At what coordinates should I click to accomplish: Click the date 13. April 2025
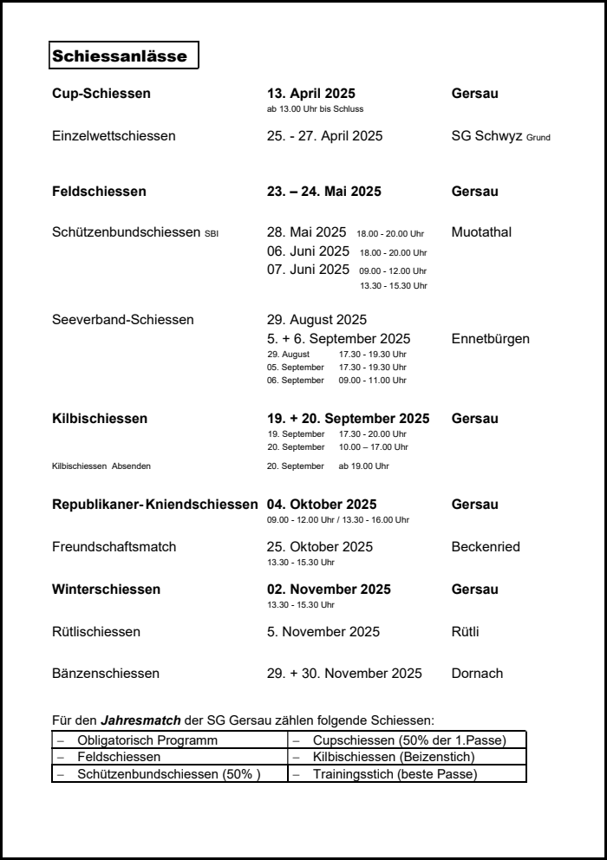point(310,94)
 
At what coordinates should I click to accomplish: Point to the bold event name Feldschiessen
point(99,192)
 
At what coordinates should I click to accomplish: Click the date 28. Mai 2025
point(306,232)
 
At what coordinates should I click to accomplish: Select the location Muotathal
point(481,232)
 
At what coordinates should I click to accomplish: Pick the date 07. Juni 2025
point(308,269)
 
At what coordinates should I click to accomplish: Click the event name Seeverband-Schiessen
point(123,320)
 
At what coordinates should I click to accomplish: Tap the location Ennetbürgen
point(490,338)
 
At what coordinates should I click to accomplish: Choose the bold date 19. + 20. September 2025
point(348,419)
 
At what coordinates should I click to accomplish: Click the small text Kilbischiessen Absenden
point(101,466)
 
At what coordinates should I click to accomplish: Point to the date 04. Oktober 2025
point(321,505)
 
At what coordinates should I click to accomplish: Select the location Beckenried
point(486,547)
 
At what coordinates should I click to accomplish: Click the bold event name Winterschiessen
point(106,590)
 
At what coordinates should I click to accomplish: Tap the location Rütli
point(465,632)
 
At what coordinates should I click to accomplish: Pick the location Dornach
point(477,674)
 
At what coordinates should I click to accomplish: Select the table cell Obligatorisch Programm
point(147,740)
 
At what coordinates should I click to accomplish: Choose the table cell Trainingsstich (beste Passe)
point(395,774)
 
